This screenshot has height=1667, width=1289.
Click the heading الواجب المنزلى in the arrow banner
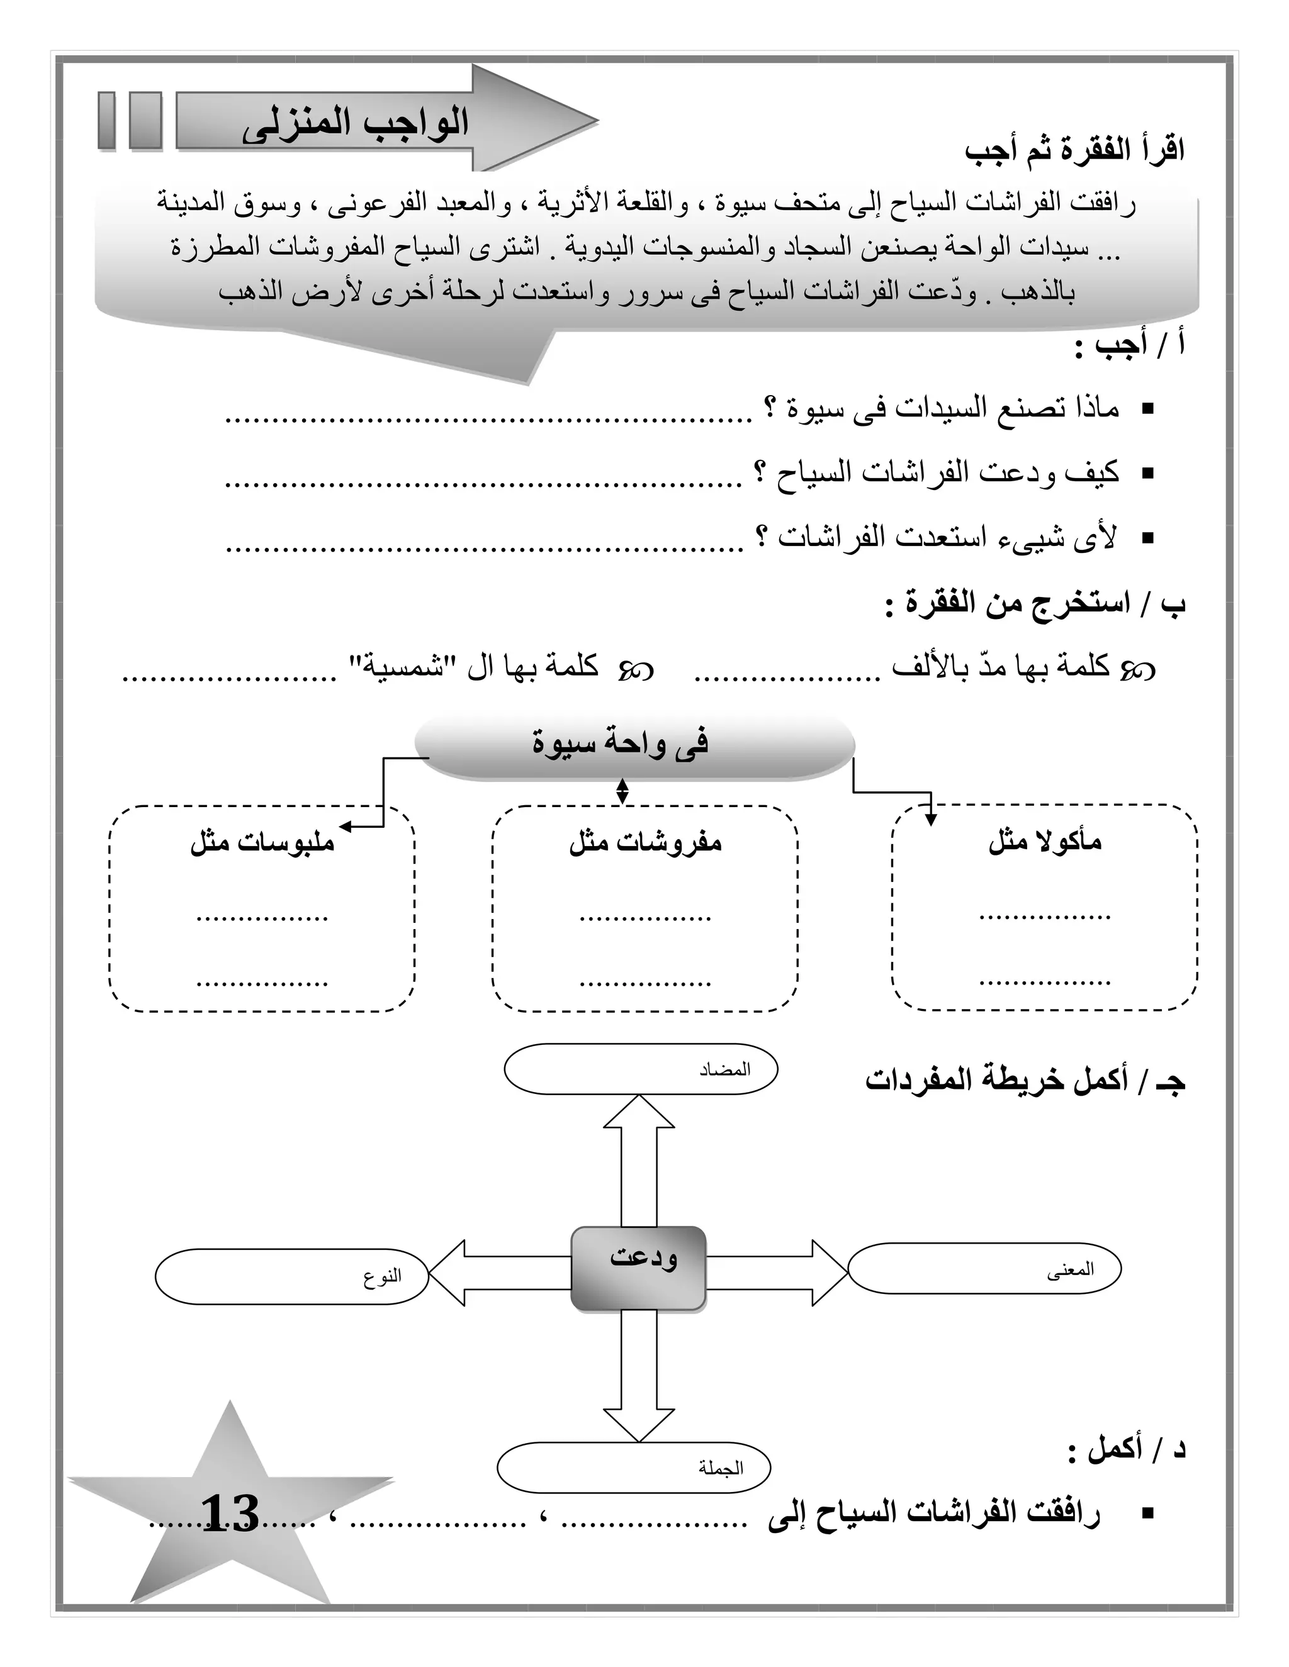coord(355,124)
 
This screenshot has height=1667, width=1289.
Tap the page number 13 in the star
coord(230,1514)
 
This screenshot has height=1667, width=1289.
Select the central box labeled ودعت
coord(638,1269)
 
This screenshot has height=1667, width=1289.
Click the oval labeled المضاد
coord(640,1069)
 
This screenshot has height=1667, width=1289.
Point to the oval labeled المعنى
coord(984,1269)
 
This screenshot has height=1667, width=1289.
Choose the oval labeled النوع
coord(291,1276)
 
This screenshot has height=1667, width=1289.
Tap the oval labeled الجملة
coord(633,1467)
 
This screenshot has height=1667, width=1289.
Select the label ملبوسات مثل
coord(262,843)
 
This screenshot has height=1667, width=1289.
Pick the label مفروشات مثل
coord(645,843)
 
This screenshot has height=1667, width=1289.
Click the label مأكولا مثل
coord(1045,841)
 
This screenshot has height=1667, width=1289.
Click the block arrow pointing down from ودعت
coord(638,1378)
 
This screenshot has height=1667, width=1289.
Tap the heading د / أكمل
coord(1127,1448)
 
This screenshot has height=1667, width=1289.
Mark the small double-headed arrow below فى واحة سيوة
coord(622,791)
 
